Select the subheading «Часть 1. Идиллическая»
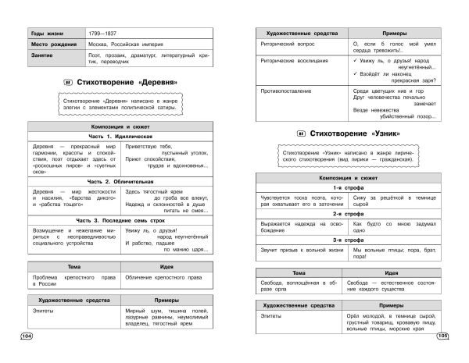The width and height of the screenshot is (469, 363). tap(120, 135)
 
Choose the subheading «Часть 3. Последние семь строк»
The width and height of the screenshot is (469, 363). tap(120, 220)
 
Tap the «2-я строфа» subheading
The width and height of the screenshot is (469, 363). tap(345, 213)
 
